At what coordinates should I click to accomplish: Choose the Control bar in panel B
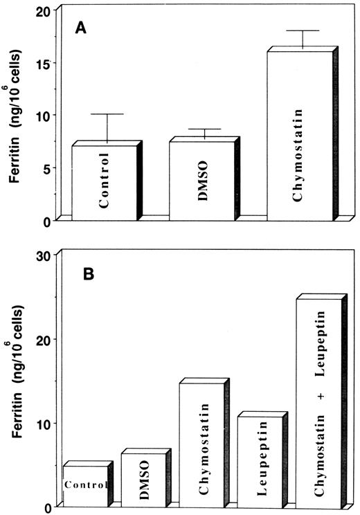point(85,485)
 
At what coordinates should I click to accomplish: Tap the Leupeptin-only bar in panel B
point(260,460)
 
